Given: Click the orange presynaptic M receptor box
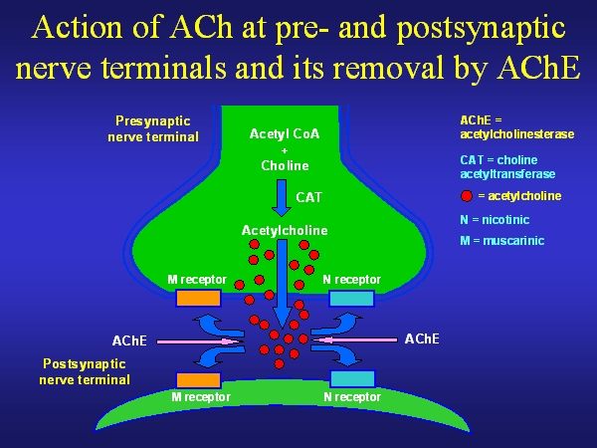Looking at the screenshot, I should coord(198,298).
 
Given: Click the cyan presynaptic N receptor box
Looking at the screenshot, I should coord(351,298).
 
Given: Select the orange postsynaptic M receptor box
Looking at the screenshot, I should coord(198,379).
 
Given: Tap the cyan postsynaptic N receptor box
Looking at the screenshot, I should coord(351,378).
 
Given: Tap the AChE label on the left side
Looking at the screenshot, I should coord(129,340).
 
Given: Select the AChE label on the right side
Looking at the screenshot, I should coord(422,338).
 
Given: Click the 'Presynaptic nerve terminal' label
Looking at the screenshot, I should coord(153,129).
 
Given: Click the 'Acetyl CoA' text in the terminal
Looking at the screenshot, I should coord(284,134).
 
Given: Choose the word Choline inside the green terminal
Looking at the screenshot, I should coord(285,165).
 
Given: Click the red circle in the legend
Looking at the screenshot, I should coord(467,196).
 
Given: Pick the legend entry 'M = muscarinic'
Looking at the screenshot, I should coord(501,241).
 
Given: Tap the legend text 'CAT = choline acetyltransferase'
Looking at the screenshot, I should coord(507,166).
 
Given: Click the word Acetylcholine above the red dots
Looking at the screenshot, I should coord(285,230).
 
